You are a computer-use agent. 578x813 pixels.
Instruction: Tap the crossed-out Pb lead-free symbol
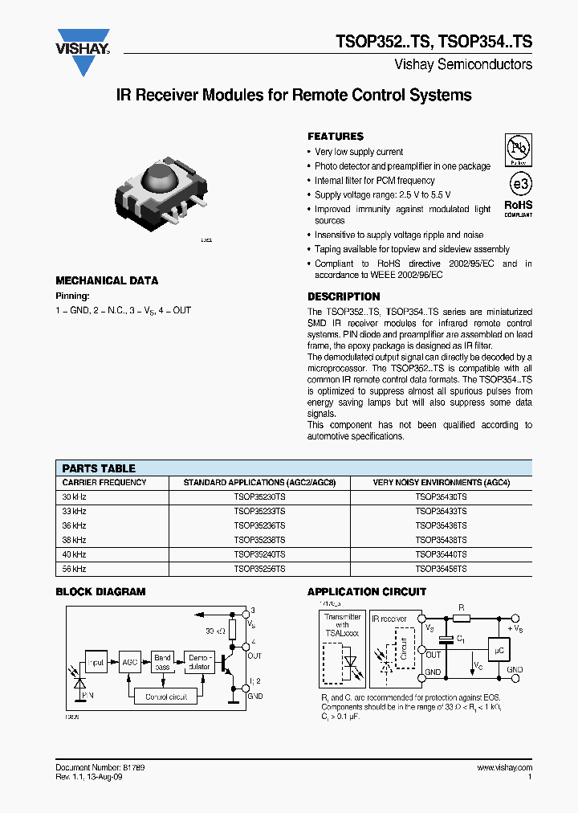pyautogui.click(x=518, y=149)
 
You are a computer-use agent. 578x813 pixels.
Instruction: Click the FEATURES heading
pyautogui.click(x=336, y=137)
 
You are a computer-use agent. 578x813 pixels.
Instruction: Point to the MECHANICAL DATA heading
pyautogui.click(x=107, y=280)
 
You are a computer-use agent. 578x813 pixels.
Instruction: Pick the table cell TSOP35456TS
pyautogui.click(x=441, y=568)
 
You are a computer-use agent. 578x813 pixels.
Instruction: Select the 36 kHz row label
pyautogui.click(x=75, y=526)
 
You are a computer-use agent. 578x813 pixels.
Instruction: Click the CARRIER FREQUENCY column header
pyautogui.click(x=104, y=483)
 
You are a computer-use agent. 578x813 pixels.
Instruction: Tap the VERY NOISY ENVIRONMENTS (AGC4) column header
pyautogui.click(x=441, y=483)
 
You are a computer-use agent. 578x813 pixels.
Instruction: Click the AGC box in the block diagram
pyautogui.click(x=129, y=663)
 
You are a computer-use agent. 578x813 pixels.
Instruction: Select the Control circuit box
pyautogui.click(x=167, y=697)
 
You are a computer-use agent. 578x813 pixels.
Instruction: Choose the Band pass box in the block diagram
pyautogui.click(x=163, y=663)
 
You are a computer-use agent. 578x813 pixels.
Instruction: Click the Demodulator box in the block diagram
pyautogui.click(x=199, y=662)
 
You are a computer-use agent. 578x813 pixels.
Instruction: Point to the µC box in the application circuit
pyautogui.click(x=499, y=652)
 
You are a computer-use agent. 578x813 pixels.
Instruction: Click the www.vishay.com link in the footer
pyautogui.click(x=504, y=768)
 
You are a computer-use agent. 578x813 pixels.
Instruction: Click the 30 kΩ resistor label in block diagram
pyautogui.click(x=215, y=630)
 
